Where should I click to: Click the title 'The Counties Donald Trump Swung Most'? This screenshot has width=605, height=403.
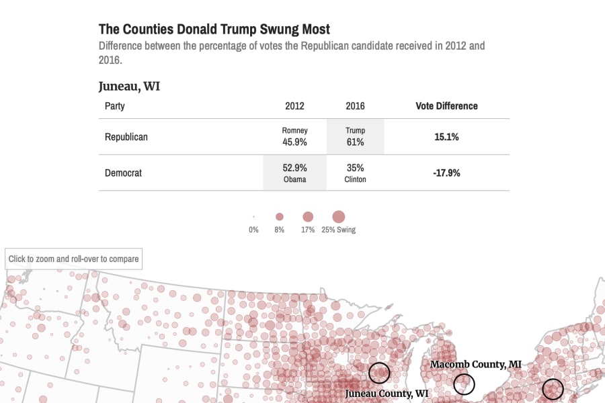coord(214,30)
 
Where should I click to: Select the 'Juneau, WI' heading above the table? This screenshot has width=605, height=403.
coord(129,86)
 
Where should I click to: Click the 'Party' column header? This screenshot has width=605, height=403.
coord(114,106)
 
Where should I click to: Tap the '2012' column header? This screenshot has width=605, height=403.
coord(294,106)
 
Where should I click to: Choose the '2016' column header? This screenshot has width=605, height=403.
coord(355,106)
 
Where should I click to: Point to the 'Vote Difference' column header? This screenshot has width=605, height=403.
coord(446,106)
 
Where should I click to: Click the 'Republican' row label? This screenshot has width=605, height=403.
coord(126,137)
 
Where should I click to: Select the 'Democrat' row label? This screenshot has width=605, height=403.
coord(123,173)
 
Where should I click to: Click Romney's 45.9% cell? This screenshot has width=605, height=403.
coord(294,137)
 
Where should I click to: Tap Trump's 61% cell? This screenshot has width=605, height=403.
coord(355,137)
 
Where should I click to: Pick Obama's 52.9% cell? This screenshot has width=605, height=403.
coord(294,173)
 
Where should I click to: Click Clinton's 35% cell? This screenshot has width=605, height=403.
coord(355,173)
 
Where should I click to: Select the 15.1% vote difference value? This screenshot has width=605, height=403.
coord(446,137)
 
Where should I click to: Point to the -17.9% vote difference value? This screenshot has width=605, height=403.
coord(446,173)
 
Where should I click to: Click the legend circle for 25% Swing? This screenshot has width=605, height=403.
coord(338,217)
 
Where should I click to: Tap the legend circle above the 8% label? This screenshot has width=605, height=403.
coord(280,217)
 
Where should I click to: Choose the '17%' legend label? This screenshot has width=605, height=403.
coord(308,230)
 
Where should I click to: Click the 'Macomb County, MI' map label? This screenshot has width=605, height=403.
coord(476,365)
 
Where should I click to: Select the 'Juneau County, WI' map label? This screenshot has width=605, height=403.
coord(387,394)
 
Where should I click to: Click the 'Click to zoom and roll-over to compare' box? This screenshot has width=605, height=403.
coord(73,259)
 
